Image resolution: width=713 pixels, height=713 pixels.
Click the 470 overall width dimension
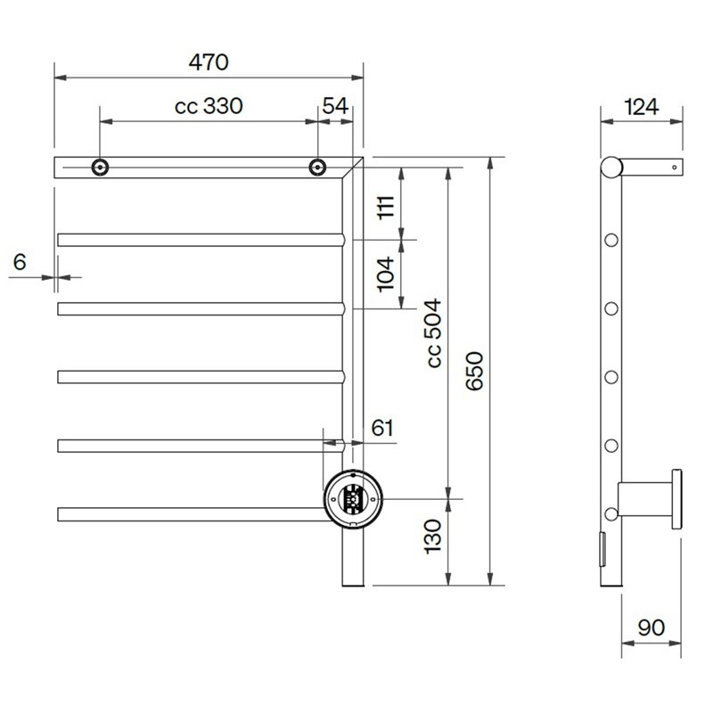(209, 62)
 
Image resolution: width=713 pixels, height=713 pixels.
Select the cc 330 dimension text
(209, 106)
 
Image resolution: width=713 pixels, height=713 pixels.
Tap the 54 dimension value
(335, 106)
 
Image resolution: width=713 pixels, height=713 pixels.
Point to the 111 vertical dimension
(386, 207)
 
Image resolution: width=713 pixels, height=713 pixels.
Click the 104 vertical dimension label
(386, 274)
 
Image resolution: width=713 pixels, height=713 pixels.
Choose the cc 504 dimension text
(434, 332)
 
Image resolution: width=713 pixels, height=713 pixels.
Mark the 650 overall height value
(475, 371)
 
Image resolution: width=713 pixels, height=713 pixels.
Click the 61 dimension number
(382, 428)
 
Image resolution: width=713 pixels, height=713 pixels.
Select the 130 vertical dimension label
(432, 537)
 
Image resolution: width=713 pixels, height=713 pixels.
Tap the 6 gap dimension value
(20, 262)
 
